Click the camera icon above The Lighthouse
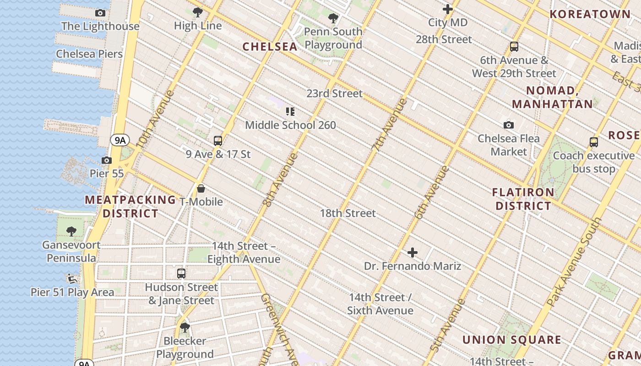[100, 13]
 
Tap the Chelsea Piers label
[89, 54]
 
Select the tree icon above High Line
[198, 12]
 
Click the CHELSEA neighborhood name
[270, 47]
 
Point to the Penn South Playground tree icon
[333, 18]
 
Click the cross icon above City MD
[448, 9]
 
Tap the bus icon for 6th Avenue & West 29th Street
[514, 47]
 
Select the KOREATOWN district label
[590, 14]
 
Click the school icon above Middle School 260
[290, 112]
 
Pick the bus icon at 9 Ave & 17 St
[218, 141]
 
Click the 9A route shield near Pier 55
[120, 140]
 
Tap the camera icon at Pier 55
[107, 160]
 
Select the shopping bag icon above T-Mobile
[201, 188]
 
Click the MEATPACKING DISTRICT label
[130, 207]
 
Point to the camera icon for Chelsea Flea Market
[509, 125]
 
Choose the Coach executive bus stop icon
[594, 142]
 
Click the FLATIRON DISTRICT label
[523, 199]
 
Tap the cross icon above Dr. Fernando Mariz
[413, 253]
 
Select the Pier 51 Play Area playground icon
[72, 278]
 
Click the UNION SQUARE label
[511, 340]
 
